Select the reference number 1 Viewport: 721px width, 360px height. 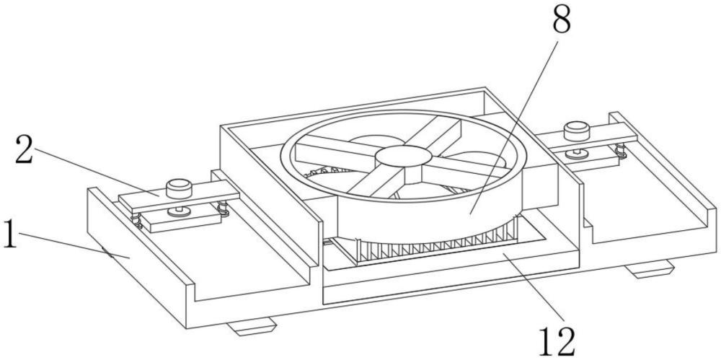pyautogui.click(x=9, y=234)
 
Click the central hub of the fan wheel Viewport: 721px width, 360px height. pyautogui.click(x=403, y=156)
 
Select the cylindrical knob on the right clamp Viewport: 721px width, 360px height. pyautogui.click(x=577, y=131)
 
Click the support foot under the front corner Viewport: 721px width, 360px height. pyautogui.click(x=251, y=326)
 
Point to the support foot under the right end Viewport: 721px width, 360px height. pyautogui.click(x=650, y=269)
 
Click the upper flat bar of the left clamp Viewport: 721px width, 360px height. pyautogui.click(x=180, y=196)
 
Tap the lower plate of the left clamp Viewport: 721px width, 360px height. pyautogui.click(x=181, y=218)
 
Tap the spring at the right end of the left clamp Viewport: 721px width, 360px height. pyautogui.click(x=224, y=208)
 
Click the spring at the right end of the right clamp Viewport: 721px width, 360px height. pyautogui.click(x=622, y=151)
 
